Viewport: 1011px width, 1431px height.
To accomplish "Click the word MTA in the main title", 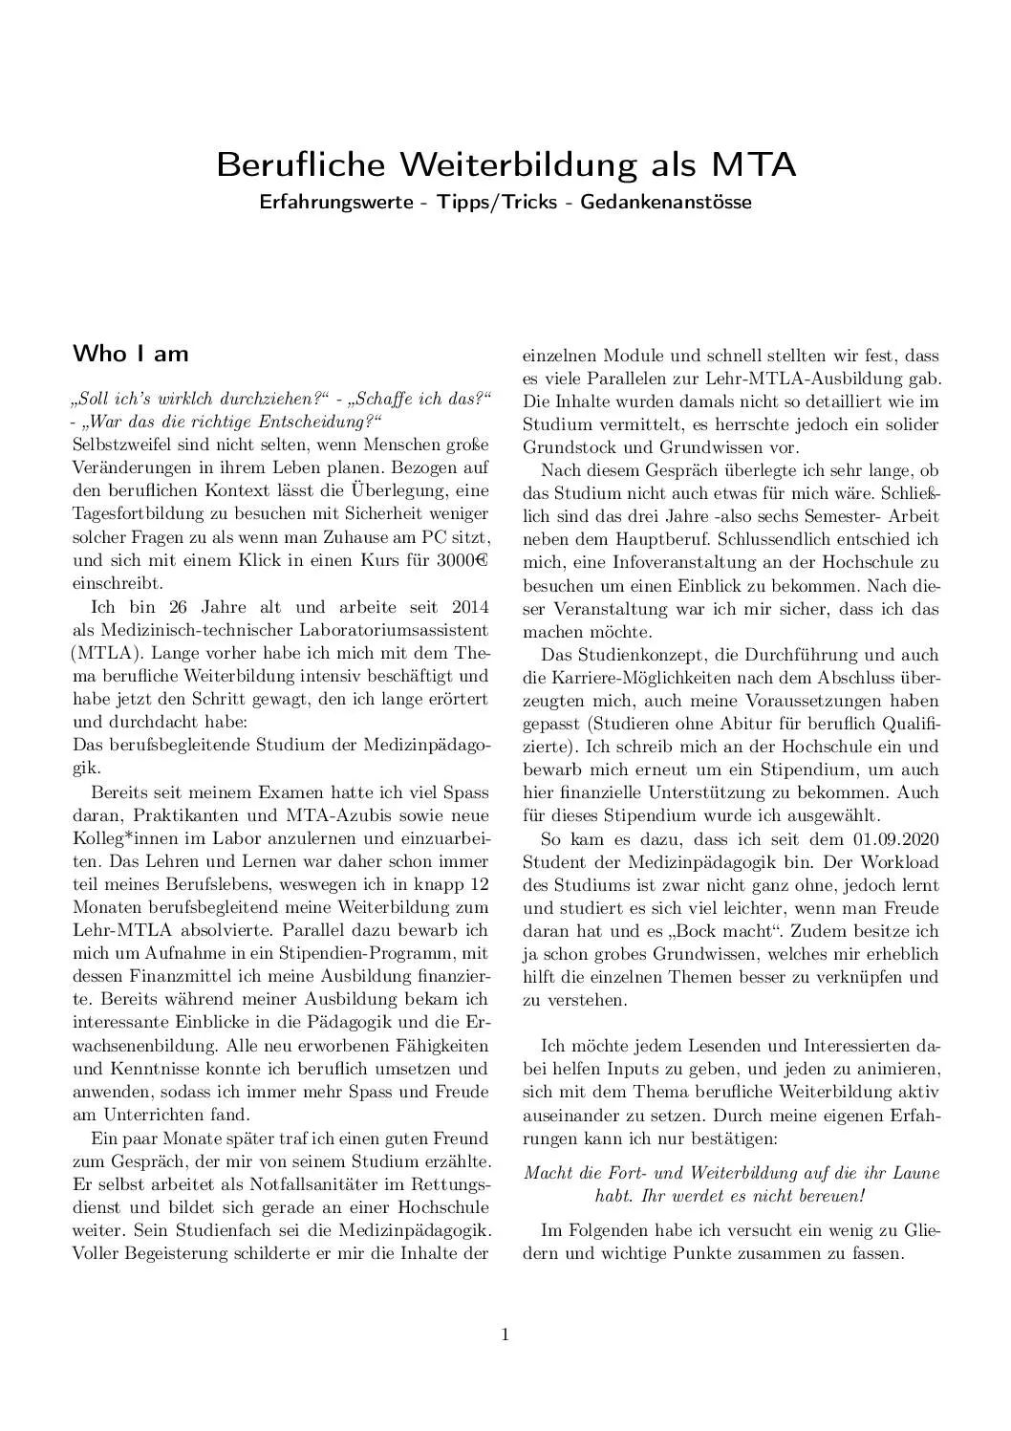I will tap(751, 164).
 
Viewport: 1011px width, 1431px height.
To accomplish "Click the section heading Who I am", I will tap(131, 354).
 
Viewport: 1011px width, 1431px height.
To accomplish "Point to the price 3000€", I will tap(463, 560).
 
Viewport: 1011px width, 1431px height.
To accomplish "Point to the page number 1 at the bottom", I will tap(505, 1335).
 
